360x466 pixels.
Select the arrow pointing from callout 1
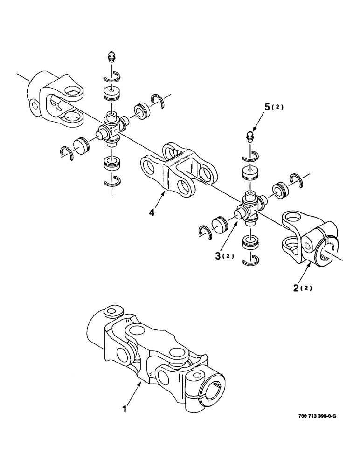(x=135, y=394)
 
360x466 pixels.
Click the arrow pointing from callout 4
(x=159, y=199)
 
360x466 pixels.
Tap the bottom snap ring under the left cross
(x=112, y=182)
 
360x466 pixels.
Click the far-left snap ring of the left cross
(x=68, y=152)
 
